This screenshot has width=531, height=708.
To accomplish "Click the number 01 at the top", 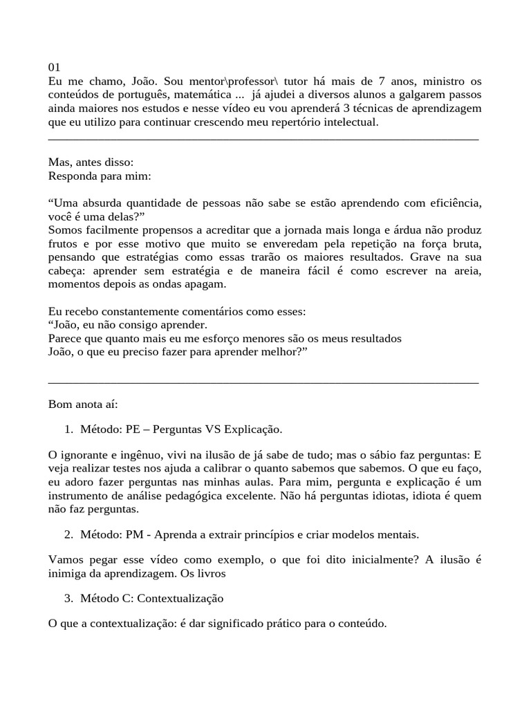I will pos(55,67).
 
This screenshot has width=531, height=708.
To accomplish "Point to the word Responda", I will pos(71,176).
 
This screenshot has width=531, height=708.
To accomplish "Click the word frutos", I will pos(64,243).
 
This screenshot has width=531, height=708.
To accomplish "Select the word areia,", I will pos(465,271).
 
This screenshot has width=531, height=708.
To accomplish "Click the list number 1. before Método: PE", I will pos(68,429).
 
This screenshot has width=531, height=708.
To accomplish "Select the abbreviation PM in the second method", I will pos(134,535).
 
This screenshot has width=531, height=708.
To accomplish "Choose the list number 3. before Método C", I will pos(68,597).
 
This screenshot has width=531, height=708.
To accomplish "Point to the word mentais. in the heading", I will pos(399,535).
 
